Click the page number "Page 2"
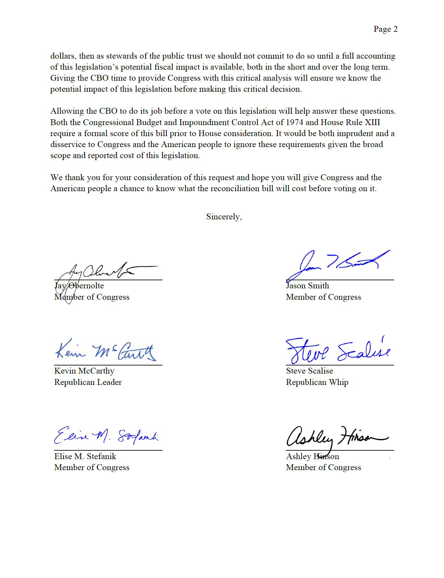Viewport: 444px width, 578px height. [385, 29]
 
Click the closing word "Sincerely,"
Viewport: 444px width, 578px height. [224, 217]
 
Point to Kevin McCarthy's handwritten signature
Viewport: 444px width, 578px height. [105, 351]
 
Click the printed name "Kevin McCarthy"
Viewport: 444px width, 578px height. [84, 371]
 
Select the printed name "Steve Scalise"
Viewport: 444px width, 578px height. [310, 371]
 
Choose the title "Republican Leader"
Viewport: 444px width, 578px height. [88, 382]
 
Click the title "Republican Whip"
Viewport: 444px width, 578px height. [317, 382]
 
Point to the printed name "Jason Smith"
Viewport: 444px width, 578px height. [308, 286]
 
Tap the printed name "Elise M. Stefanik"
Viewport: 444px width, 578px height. [85, 457]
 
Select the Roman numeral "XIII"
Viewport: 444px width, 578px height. [372, 122]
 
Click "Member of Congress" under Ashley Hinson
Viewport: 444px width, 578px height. [323, 468]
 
